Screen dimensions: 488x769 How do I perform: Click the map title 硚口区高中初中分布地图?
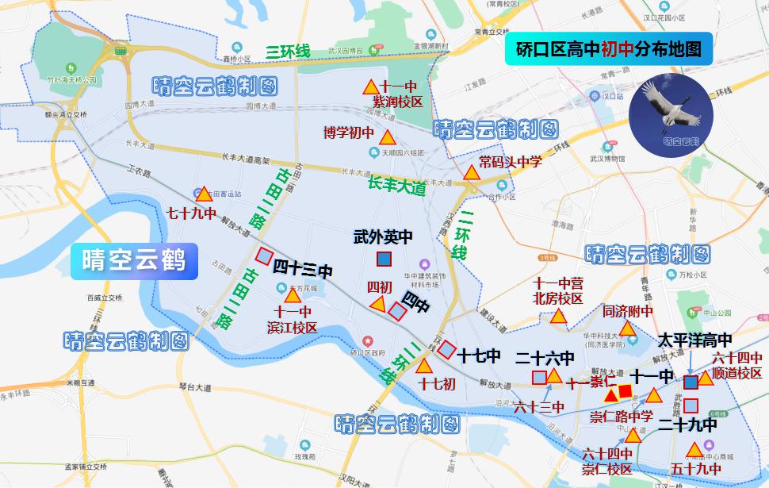608,49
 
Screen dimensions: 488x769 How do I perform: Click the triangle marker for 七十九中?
203,194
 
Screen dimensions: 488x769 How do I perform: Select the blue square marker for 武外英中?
384,259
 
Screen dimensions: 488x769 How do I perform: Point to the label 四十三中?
303,269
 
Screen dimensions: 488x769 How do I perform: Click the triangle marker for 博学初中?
387,137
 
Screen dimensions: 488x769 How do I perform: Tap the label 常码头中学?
510,162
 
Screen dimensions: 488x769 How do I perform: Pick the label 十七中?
478,356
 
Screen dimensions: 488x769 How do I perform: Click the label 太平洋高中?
694,340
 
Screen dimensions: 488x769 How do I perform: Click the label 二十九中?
687,425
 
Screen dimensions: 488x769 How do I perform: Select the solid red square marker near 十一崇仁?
626,390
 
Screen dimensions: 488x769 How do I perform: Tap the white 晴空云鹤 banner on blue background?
133,259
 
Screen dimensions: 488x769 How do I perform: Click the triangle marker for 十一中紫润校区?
370,86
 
